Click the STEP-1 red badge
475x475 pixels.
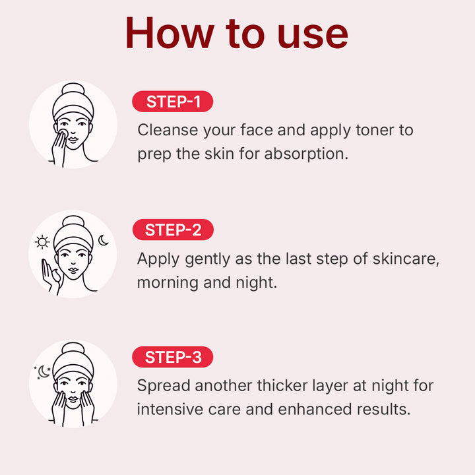click(x=173, y=102)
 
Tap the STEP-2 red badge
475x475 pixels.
click(x=173, y=230)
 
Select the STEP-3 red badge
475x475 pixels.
click(x=173, y=357)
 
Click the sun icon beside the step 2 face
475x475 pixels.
click(x=42, y=242)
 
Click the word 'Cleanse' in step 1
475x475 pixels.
click(x=166, y=129)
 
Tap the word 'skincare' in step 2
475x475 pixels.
click(x=404, y=258)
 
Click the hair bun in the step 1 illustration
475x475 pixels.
click(x=73, y=90)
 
